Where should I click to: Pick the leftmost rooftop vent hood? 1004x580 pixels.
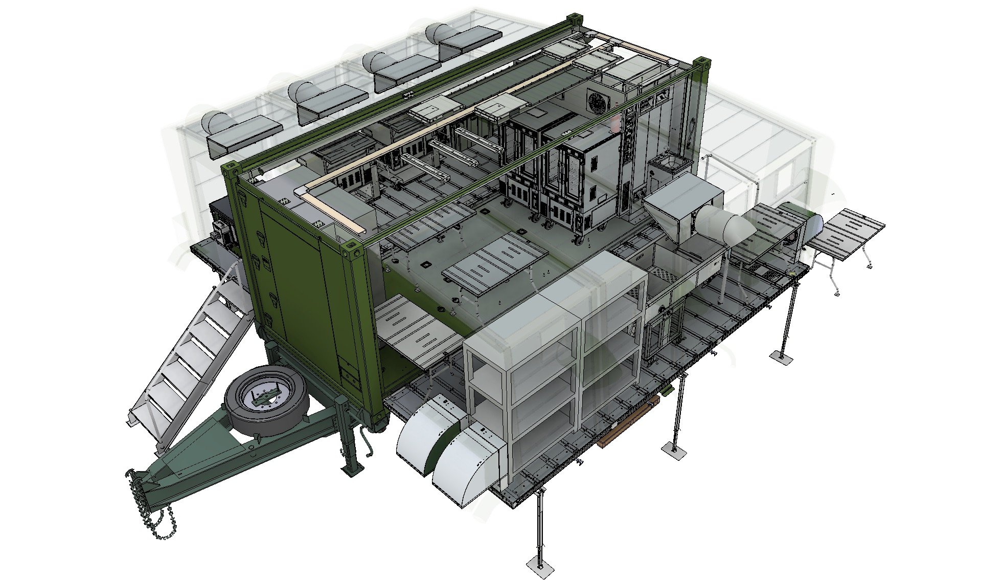click(240, 133)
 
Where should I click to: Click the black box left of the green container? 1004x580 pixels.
click(221, 225)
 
